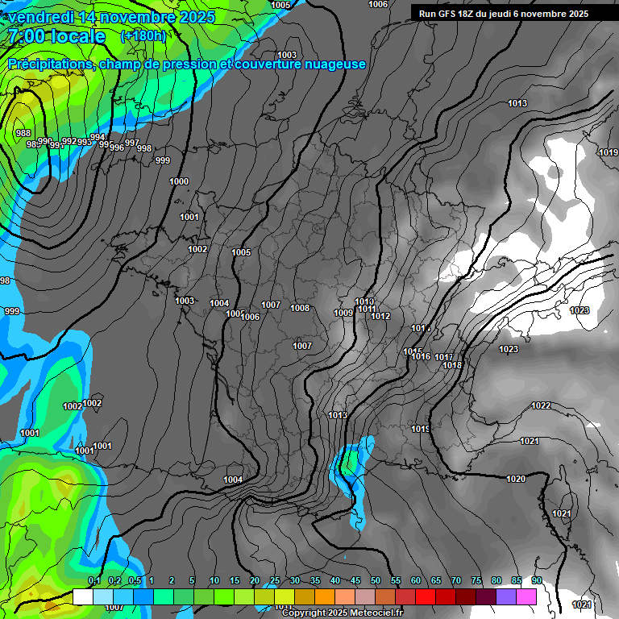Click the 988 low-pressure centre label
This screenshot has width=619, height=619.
click(23, 133)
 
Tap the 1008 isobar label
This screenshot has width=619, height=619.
click(300, 308)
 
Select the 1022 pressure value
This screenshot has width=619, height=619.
click(542, 405)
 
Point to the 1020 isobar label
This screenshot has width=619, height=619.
click(516, 479)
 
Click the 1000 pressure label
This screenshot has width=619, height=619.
click(179, 181)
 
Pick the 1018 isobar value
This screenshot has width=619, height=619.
click(452, 365)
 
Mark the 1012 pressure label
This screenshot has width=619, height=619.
click(380, 316)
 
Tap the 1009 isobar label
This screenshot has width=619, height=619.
click(343, 313)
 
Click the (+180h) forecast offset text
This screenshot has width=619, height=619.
click(143, 35)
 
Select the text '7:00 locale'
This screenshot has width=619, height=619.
click(56, 36)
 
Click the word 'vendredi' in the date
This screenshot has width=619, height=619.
click(41, 16)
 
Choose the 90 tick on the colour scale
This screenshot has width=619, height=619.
click(536, 580)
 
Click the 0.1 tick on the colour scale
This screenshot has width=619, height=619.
click(93, 580)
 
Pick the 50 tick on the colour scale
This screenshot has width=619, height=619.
click(376, 580)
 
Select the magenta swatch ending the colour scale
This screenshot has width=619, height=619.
click(526, 596)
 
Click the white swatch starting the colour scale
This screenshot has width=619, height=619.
click(82, 596)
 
